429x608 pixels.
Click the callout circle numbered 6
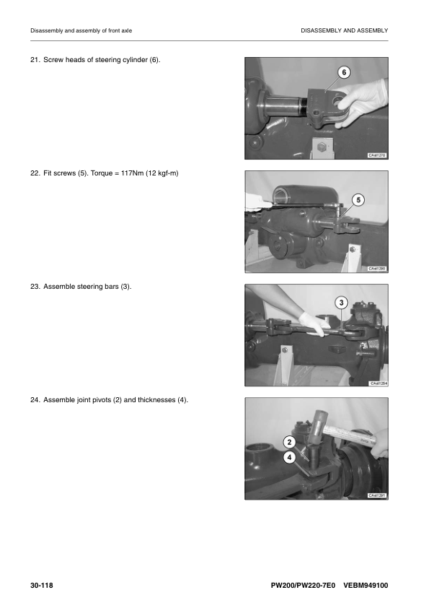(344, 73)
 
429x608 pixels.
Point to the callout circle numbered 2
(289, 442)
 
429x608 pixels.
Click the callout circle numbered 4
(289, 457)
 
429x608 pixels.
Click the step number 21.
(34, 59)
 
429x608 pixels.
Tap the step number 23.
(34, 287)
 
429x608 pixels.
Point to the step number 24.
(34, 400)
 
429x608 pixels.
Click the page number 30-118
(42, 583)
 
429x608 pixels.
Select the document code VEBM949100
(366, 583)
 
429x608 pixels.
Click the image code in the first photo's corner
(377, 155)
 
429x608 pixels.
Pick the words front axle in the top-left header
(118, 30)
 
